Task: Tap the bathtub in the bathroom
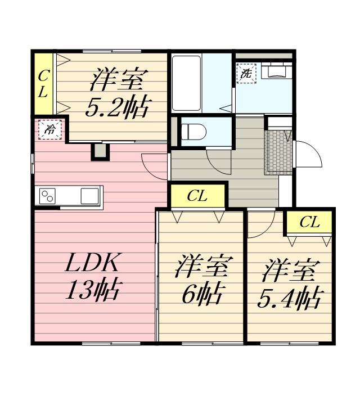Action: pos(186,83)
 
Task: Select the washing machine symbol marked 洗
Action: pos(246,74)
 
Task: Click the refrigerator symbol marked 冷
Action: pos(49,129)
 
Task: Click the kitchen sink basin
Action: pos(89,196)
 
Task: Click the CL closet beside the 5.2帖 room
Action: pos(43,83)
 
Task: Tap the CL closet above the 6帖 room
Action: pos(197,196)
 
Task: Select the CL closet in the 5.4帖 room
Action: pos(309,222)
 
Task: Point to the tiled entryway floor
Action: pos(278,150)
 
